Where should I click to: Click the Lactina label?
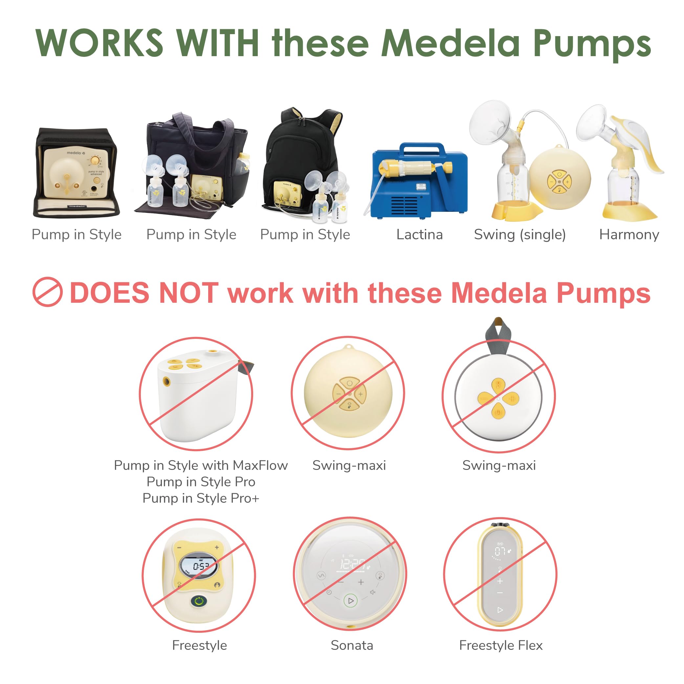420,234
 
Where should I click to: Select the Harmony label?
629,234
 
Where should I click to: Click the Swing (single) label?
520,234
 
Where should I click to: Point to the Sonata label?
352,645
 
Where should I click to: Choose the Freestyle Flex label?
501,645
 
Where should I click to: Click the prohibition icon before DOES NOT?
47,292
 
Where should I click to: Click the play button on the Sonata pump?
350,601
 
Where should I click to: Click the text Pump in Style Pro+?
201,498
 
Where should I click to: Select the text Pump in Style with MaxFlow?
201,465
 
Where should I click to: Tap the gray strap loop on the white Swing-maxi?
498,335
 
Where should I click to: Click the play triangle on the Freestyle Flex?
500,610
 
